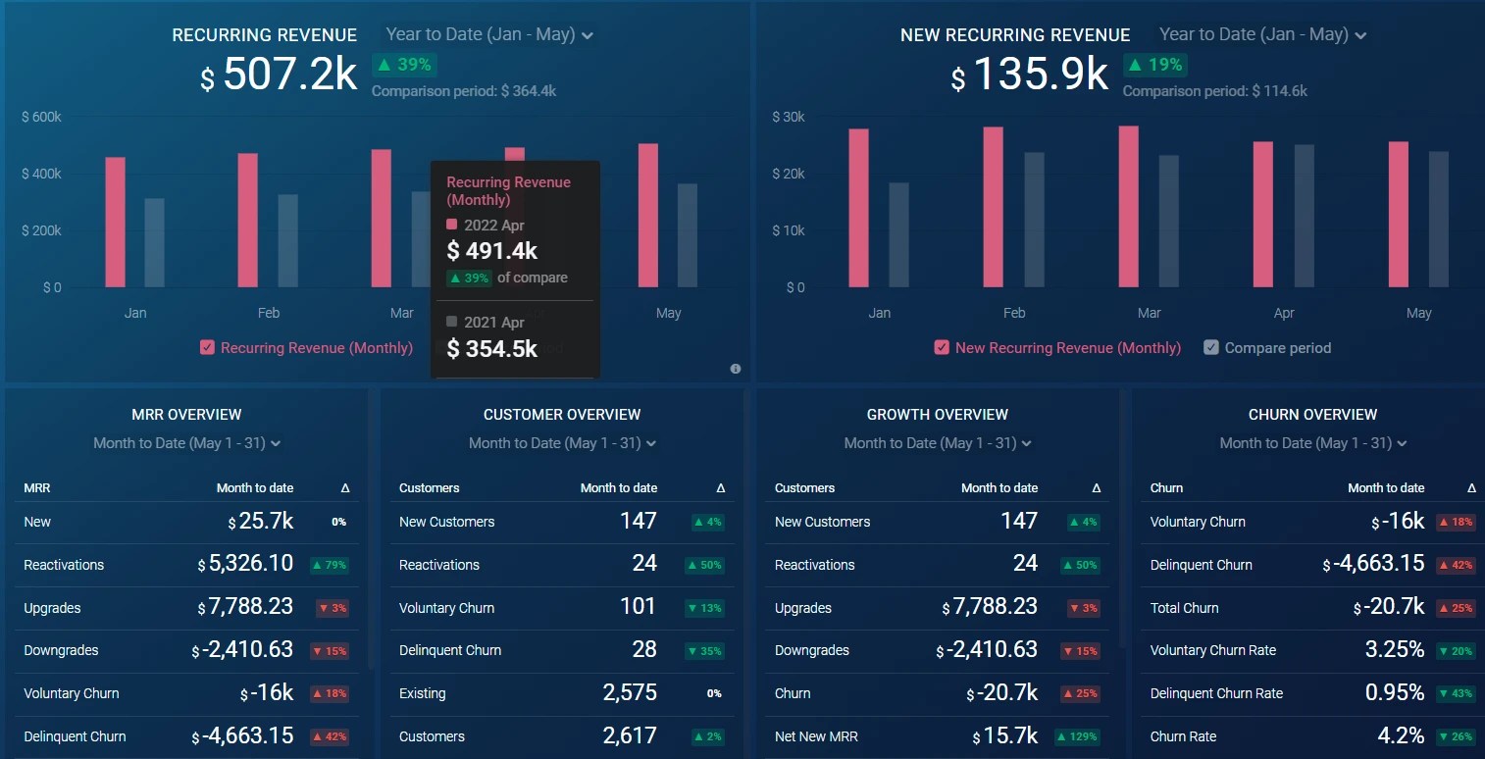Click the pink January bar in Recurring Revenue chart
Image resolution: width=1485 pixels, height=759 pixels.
click(115, 222)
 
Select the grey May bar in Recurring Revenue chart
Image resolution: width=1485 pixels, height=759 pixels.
click(688, 235)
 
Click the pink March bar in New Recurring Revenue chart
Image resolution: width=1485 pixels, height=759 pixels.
click(1128, 206)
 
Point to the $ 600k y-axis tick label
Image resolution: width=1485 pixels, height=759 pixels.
click(41, 117)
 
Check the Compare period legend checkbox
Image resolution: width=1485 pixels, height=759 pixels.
click(1211, 347)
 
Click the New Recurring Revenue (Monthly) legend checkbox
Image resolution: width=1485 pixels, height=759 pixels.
click(942, 347)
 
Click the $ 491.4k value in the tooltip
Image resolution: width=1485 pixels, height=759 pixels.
click(491, 251)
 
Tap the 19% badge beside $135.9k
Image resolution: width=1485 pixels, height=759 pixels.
click(1154, 65)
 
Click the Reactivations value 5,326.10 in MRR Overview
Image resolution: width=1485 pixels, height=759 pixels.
click(245, 564)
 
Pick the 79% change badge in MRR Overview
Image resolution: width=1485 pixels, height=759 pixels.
click(330, 565)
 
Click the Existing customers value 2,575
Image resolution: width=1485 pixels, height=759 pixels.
click(630, 692)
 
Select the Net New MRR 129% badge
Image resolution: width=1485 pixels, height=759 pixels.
click(1076, 736)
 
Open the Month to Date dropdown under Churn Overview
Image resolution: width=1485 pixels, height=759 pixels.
click(1312, 443)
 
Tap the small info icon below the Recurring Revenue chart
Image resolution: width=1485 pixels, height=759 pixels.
click(736, 369)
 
